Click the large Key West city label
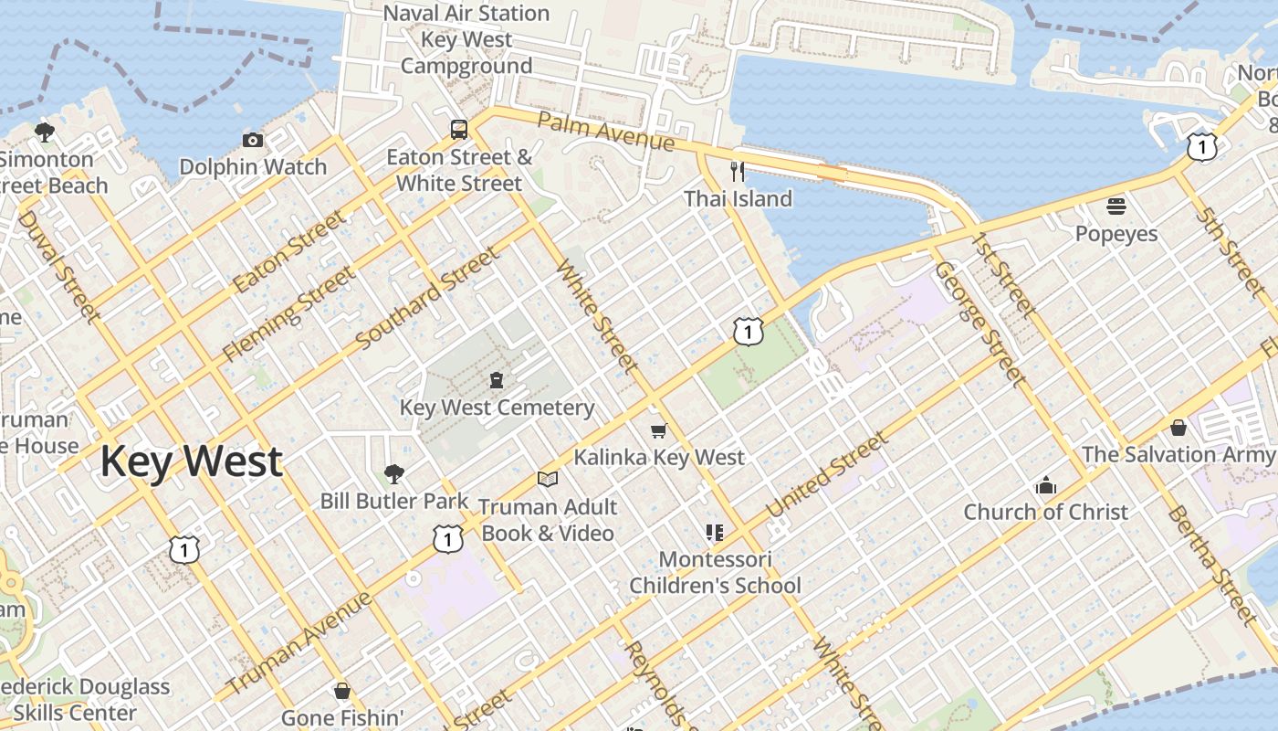pyautogui.click(x=191, y=461)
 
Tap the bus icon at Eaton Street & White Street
pyautogui.click(x=459, y=129)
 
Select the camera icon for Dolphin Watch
pyautogui.click(x=253, y=140)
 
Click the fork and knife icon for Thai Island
pyautogui.click(x=738, y=171)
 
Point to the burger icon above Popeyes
pyautogui.click(x=1116, y=206)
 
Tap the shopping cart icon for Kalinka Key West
pyautogui.click(x=659, y=429)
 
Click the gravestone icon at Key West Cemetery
pyautogui.click(x=497, y=379)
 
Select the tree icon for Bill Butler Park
pyautogui.click(x=394, y=473)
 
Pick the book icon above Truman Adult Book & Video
pyautogui.click(x=548, y=479)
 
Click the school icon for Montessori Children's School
pyautogui.click(x=715, y=532)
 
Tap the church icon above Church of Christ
pyautogui.click(x=1046, y=485)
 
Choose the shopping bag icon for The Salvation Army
pyautogui.click(x=1178, y=427)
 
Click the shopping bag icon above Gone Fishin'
pyautogui.click(x=341, y=690)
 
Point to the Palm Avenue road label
pyautogui.click(x=605, y=132)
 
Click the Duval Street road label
pyautogui.click(x=58, y=267)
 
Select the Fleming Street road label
pyautogui.click(x=288, y=313)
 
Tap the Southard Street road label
pyautogui.click(x=428, y=298)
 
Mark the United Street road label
pyautogui.click(x=827, y=475)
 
